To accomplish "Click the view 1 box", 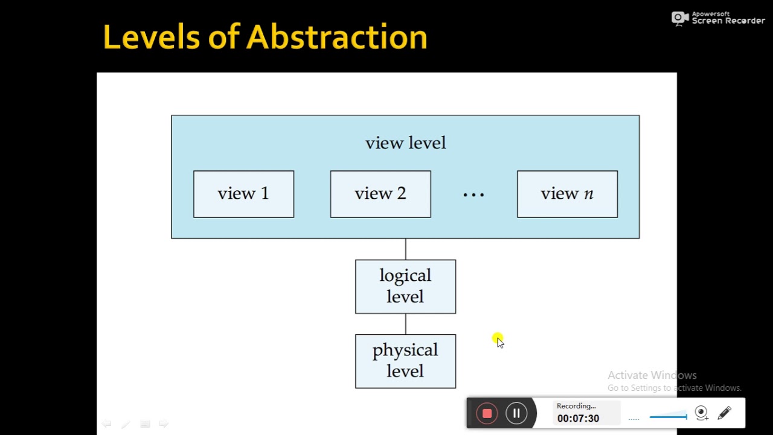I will coord(243,194).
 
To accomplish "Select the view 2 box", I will coord(380,194).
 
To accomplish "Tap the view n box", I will coord(567,194).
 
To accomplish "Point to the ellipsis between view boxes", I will coord(473,195).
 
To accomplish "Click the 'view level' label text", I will coord(405,143).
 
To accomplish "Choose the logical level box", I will coord(405,286).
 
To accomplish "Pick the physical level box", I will coord(405,361).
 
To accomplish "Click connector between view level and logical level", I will coord(406,249).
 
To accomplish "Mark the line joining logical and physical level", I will coord(406,324).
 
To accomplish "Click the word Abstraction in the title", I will coord(336,37).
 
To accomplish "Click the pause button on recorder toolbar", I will coord(516,413).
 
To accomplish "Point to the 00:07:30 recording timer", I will coord(578,418).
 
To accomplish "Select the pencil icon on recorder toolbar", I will coord(724,413).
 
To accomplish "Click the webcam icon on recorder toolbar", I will coord(701,413).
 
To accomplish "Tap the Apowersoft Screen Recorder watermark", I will coord(719,18).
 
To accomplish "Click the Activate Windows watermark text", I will coord(652,375).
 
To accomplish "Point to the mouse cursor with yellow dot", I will coord(498,341).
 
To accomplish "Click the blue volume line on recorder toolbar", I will coord(668,416).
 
